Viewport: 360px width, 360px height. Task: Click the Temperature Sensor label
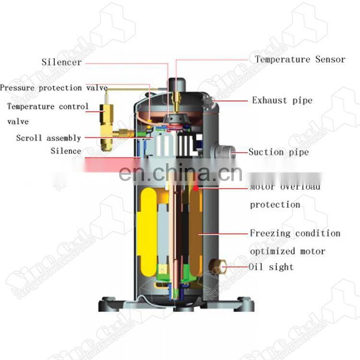click(x=300, y=60)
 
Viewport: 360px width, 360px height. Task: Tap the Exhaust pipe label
click(x=282, y=100)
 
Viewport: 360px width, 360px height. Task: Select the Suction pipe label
click(x=278, y=152)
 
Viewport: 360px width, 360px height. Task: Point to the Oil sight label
click(x=271, y=267)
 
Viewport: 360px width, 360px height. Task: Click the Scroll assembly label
click(x=48, y=138)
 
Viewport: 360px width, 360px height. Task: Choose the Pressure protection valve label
click(x=54, y=88)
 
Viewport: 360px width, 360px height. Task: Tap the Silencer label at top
click(x=61, y=62)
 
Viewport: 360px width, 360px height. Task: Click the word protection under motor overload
click(x=275, y=204)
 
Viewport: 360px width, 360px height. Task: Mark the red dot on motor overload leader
click(x=196, y=188)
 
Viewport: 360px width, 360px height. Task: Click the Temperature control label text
click(x=48, y=107)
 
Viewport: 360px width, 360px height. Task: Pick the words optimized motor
click(x=287, y=251)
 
